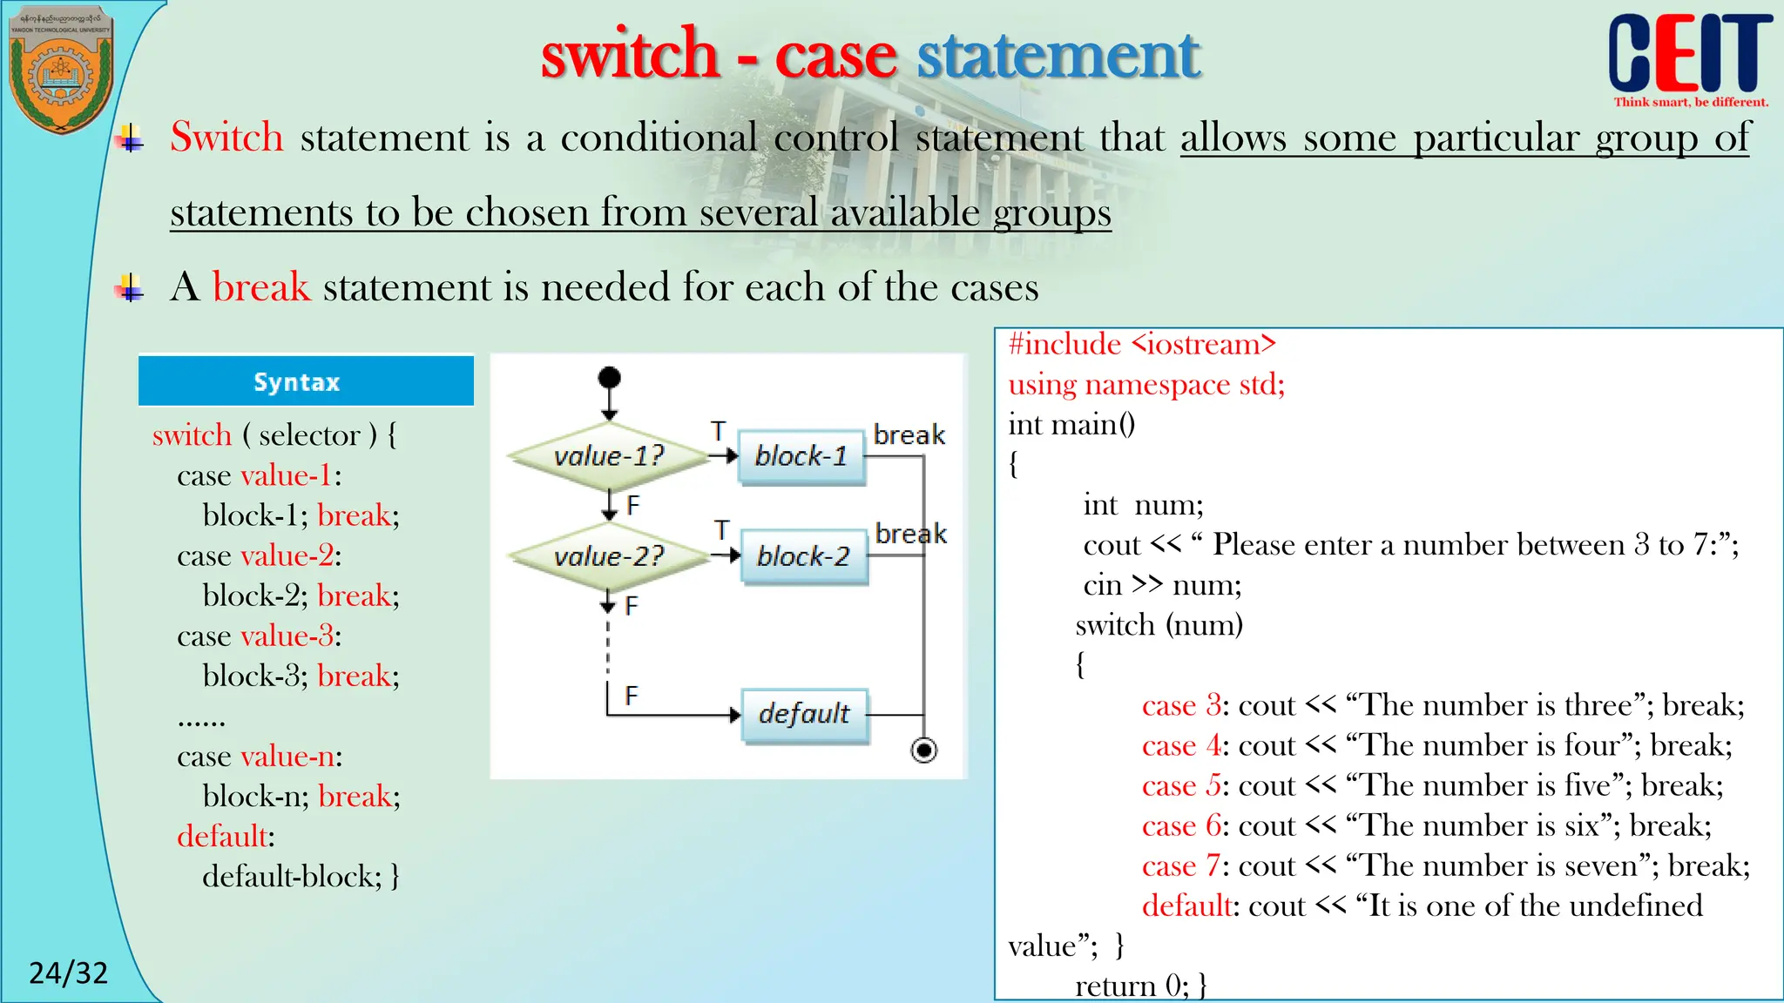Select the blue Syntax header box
[x=306, y=381]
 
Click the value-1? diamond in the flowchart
[x=609, y=455]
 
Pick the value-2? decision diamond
[x=609, y=555]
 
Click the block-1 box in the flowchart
[x=801, y=456]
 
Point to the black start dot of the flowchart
[x=610, y=378]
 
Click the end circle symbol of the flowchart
[x=923, y=750]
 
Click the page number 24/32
[x=69, y=973]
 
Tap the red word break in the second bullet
[x=260, y=287]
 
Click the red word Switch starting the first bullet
[x=226, y=138]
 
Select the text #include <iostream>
[x=1142, y=345]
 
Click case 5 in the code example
[x=1181, y=785]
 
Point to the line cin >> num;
[x=1162, y=585]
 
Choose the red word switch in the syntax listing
[x=192, y=435]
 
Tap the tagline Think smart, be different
[x=1691, y=102]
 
